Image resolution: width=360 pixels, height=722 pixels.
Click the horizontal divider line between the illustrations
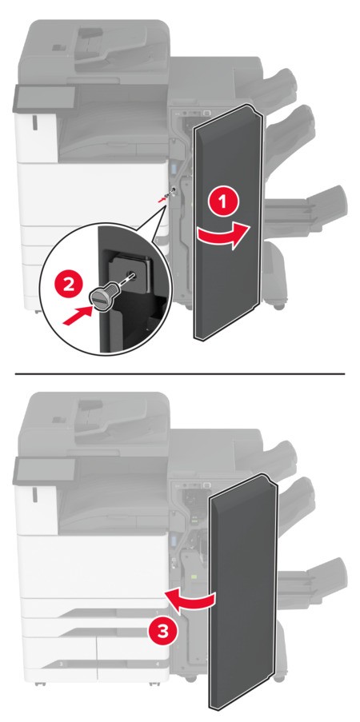click(x=180, y=373)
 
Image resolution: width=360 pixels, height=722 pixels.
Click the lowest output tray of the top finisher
click(x=308, y=209)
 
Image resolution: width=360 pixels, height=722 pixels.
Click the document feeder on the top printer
click(x=96, y=40)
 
